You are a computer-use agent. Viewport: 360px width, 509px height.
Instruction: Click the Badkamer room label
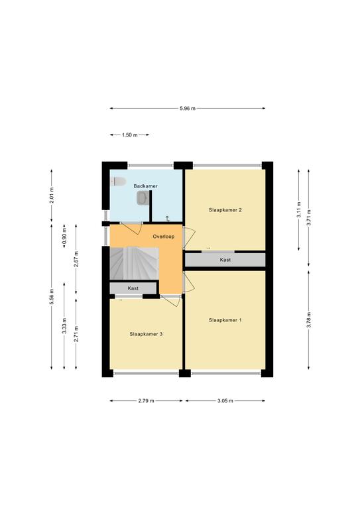(x=145, y=186)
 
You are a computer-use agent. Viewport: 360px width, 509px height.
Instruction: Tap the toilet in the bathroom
(x=118, y=182)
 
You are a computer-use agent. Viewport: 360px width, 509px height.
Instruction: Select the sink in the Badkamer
(x=143, y=198)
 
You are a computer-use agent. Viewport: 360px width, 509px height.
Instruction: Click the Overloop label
(x=164, y=237)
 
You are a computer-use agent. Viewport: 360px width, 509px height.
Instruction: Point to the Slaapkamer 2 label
(x=225, y=210)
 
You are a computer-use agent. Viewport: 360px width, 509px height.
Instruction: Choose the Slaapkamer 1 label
(x=225, y=320)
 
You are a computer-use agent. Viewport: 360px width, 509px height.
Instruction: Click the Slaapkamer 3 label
(x=146, y=334)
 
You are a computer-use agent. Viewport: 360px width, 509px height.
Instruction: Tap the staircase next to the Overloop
(x=134, y=263)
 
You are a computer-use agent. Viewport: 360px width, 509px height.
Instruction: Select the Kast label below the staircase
(x=133, y=288)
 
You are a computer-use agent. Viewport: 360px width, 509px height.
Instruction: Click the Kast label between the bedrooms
(x=225, y=260)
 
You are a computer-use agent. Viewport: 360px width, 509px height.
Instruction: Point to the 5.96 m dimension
(x=188, y=109)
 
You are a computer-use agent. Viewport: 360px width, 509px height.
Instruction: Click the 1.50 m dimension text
(x=130, y=135)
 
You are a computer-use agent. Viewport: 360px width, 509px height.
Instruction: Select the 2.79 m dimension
(x=146, y=401)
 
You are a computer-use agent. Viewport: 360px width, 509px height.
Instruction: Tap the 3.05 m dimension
(x=225, y=401)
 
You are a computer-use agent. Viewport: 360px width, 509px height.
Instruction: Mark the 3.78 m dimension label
(x=309, y=319)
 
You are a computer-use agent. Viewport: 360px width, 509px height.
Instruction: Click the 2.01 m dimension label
(x=52, y=196)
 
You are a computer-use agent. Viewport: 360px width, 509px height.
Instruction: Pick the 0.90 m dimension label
(x=64, y=236)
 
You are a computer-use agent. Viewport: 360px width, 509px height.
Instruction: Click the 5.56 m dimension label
(x=52, y=297)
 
